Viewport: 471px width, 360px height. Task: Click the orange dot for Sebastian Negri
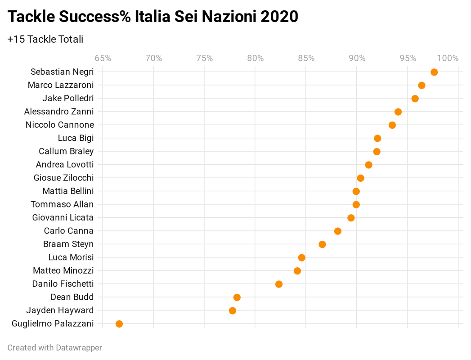(x=434, y=72)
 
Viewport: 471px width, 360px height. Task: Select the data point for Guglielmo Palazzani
(x=119, y=324)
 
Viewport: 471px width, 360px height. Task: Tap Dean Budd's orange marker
(x=237, y=297)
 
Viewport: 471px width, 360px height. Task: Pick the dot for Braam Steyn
(x=322, y=244)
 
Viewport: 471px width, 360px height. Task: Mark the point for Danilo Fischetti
(x=278, y=284)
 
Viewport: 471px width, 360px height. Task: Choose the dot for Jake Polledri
(x=415, y=99)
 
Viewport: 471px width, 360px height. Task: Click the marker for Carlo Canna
(x=337, y=231)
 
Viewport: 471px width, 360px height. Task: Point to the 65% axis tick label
(x=103, y=58)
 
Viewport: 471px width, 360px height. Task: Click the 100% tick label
(x=448, y=58)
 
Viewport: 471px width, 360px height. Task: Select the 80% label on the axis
(x=255, y=58)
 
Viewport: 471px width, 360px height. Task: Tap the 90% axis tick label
(x=357, y=58)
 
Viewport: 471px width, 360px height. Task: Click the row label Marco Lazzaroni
(x=61, y=85)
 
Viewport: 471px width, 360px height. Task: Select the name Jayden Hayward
(x=60, y=310)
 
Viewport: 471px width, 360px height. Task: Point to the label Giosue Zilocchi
(x=63, y=178)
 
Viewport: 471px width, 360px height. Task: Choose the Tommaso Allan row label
(x=62, y=204)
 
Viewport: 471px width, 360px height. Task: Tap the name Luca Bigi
(x=76, y=138)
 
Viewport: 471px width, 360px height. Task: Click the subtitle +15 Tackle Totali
(x=45, y=39)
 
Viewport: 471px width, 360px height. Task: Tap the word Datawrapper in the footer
(x=79, y=347)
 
